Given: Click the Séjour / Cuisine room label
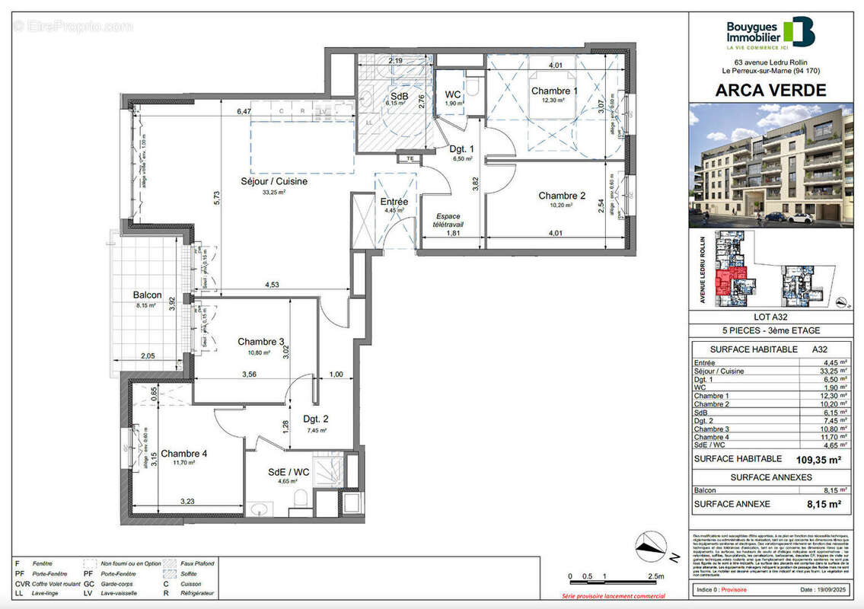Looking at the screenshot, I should pyautogui.click(x=274, y=182).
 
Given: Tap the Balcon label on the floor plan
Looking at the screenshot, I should pyautogui.click(x=147, y=295).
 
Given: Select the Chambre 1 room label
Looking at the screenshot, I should pyautogui.click(x=554, y=91).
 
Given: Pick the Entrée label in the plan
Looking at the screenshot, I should pyautogui.click(x=394, y=202).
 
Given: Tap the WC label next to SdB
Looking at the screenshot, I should pyautogui.click(x=453, y=95).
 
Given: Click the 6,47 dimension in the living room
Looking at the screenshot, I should pyautogui.click(x=244, y=112).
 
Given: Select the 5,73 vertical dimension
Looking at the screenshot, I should pyautogui.click(x=216, y=194).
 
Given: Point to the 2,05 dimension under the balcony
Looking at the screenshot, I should pyautogui.click(x=148, y=356).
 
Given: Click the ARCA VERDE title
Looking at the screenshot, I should pyautogui.click(x=770, y=90).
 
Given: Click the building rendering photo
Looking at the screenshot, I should pyautogui.click(x=770, y=165).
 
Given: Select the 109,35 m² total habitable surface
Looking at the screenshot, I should pyautogui.click(x=819, y=459).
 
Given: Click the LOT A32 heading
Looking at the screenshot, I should pyautogui.click(x=770, y=316).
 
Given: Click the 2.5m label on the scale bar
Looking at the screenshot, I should pyautogui.click(x=655, y=576).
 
